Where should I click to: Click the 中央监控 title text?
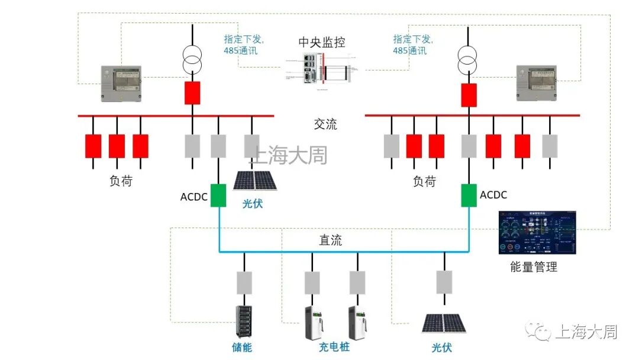[321, 43]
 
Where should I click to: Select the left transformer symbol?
[192, 57]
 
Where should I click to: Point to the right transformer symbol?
[468, 57]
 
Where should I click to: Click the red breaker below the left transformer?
[192, 93]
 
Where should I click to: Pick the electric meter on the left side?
[121, 83]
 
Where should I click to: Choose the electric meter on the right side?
[537, 83]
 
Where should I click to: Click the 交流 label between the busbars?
[325, 124]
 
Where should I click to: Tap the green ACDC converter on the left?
[218, 195]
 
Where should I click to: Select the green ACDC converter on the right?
[469, 195]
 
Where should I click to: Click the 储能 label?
[241, 348]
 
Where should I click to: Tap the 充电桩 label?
[334, 348]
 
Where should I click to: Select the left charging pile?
[313, 323]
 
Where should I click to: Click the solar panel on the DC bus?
[443, 323]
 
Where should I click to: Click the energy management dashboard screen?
[536, 233]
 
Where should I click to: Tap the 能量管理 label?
[533, 267]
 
